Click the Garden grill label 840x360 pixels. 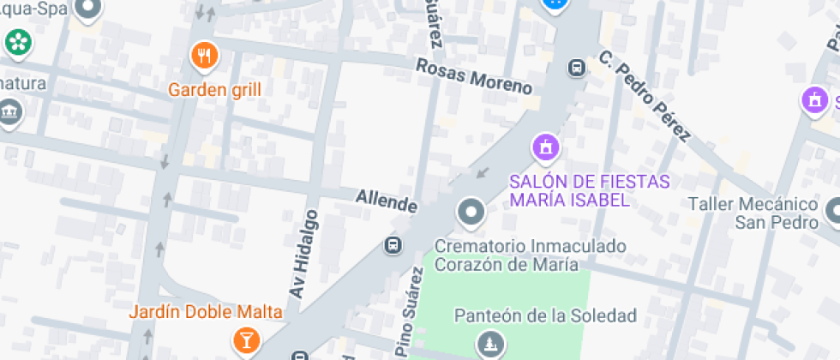tap(214, 89)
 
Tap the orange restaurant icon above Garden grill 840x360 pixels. tap(204, 57)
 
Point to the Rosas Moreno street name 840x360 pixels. tap(474, 76)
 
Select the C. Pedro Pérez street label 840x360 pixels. tap(645, 96)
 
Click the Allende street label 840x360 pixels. tap(387, 202)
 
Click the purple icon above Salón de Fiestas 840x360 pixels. tap(545, 147)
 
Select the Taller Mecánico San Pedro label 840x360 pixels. tap(753, 213)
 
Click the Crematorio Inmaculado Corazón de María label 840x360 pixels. tap(530, 255)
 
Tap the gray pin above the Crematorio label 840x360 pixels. tap(471, 212)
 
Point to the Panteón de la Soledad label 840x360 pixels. tap(545, 316)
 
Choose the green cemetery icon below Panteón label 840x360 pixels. tap(490, 343)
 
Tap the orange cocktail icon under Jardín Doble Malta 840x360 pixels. tap(245, 341)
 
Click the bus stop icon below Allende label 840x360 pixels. tap(393, 245)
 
